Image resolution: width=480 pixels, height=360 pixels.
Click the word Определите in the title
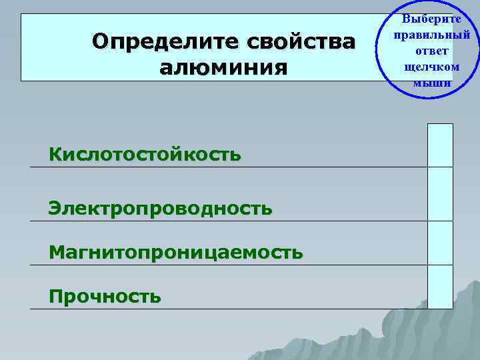166,41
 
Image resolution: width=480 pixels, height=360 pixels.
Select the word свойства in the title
302,41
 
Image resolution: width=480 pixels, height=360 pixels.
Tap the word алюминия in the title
224,67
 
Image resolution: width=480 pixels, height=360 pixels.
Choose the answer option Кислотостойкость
145,155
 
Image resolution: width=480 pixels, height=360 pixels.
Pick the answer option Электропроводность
160,208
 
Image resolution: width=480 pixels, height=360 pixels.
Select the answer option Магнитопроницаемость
175,252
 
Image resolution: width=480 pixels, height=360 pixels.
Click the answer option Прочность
105,295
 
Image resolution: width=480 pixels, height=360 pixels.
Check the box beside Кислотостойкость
440,145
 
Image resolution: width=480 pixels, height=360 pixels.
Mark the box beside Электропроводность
440,193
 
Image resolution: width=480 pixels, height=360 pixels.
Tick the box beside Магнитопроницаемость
440,242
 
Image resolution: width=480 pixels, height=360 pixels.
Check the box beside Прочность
440,286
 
